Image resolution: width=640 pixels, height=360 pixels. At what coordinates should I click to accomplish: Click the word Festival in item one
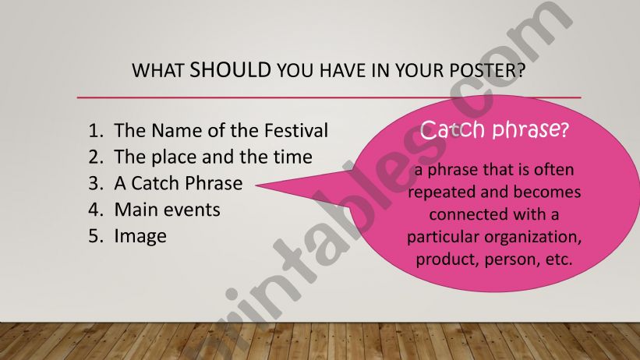296,131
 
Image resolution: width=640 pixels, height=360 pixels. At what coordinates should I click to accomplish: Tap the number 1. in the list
96,131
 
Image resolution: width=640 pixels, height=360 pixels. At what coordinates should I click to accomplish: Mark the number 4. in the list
96,210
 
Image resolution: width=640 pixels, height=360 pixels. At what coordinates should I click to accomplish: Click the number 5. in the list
96,236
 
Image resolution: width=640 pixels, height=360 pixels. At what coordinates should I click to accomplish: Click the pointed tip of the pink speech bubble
257,185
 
